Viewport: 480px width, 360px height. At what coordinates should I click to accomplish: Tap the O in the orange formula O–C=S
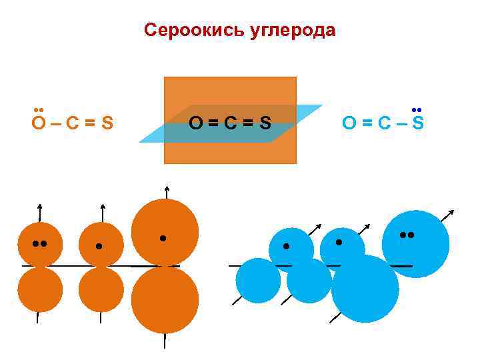39,123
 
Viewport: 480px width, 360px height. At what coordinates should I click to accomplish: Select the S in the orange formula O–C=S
105,123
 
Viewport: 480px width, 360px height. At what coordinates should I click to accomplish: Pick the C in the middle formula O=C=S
231,123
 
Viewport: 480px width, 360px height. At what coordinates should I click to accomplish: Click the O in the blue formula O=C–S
349,123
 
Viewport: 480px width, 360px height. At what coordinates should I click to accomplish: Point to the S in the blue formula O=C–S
418,123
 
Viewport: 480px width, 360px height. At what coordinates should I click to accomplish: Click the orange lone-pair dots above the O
39,109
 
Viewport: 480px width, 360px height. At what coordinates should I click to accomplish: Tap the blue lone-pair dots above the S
418,109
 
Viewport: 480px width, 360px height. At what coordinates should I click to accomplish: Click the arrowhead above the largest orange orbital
166,187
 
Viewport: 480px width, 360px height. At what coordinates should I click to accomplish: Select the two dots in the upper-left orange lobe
39,243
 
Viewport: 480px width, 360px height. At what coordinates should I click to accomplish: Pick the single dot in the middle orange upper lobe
99,246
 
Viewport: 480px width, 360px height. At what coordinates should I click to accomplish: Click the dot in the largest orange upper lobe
163,238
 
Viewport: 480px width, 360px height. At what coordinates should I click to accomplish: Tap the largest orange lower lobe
165,299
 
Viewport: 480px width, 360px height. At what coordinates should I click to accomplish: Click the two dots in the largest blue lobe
407,235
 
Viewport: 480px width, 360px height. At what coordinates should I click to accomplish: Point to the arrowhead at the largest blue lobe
452,212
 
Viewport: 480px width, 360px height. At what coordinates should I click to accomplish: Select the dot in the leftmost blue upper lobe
287,246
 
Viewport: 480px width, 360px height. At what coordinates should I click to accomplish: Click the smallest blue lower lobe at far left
257,280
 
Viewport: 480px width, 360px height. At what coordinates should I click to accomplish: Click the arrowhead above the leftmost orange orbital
40,205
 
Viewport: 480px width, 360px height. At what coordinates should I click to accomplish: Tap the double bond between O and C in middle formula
213,123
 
